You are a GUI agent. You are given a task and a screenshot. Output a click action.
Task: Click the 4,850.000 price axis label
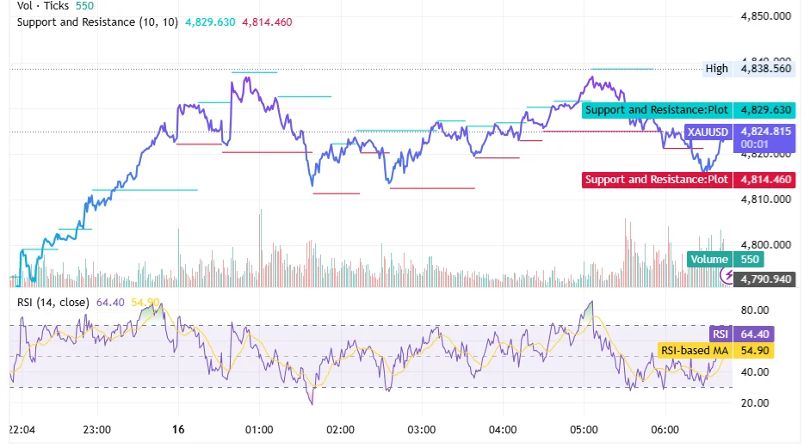765,15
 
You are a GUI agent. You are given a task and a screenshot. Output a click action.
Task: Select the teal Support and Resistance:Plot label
657,110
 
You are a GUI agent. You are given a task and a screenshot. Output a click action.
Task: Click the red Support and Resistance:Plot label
657,180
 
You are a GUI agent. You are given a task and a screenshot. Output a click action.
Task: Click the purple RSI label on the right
720,334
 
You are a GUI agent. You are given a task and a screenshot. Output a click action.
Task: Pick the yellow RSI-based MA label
693,351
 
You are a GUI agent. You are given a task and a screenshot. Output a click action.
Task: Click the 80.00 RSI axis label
756,310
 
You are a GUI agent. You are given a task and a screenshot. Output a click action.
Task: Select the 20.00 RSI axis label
756,403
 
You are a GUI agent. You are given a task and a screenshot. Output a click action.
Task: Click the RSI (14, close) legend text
53,302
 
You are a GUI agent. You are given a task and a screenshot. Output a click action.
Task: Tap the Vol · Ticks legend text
45,5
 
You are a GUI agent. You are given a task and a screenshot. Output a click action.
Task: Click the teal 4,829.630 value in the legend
210,21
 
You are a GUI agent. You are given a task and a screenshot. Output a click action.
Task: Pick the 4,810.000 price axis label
765,199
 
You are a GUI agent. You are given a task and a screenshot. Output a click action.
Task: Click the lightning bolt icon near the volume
728,275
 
